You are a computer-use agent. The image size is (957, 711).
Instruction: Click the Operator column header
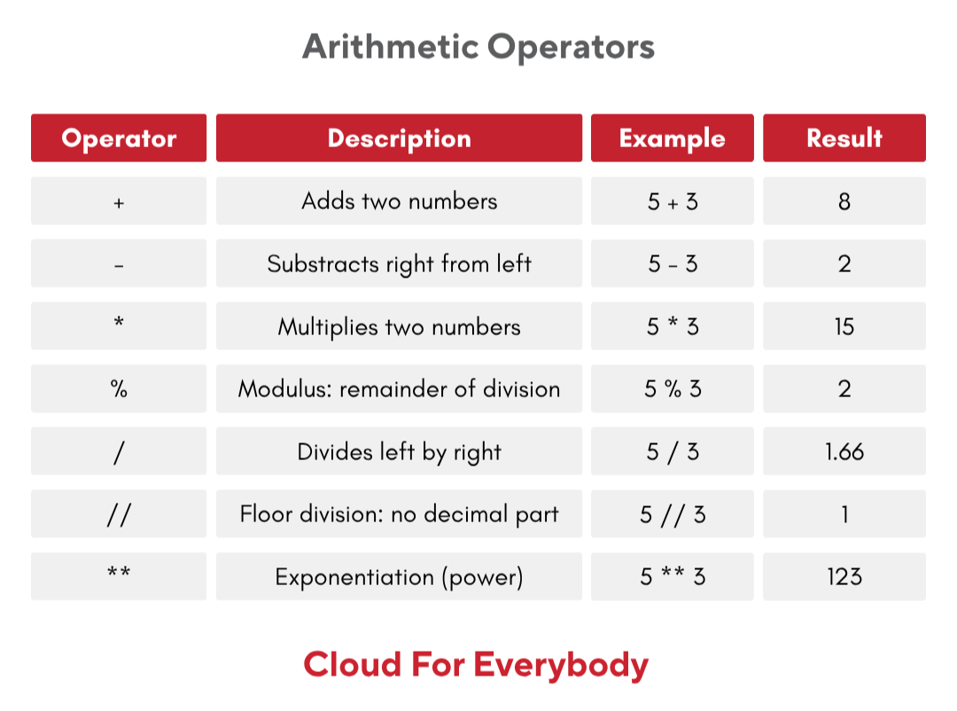tap(119, 138)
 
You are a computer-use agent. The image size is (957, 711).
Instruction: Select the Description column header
tap(399, 138)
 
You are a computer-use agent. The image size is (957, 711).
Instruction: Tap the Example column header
tap(672, 138)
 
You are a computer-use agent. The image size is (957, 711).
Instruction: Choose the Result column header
tap(844, 138)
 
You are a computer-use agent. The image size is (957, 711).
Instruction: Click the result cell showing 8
tap(844, 201)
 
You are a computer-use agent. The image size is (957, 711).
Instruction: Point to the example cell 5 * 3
tap(672, 326)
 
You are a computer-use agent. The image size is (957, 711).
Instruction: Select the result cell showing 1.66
tap(844, 451)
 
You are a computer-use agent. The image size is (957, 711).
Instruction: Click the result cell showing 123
tap(844, 576)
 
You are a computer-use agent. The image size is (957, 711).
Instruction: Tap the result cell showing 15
tap(844, 326)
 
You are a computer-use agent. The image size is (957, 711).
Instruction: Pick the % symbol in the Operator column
tap(119, 388)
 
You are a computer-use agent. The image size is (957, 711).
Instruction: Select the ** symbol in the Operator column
tap(119, 572)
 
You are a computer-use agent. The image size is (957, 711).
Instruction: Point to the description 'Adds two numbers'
tap(399, 201)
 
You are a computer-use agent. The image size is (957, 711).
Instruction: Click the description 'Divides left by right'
tap(399, 453)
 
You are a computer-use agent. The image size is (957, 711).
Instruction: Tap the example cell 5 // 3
tap(672, 513)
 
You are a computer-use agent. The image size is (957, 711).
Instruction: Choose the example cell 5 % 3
tap(672, 388)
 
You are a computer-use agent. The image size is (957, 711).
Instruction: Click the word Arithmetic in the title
tap(391, 46)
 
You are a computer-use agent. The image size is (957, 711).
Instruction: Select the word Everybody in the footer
tap(561, 665)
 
